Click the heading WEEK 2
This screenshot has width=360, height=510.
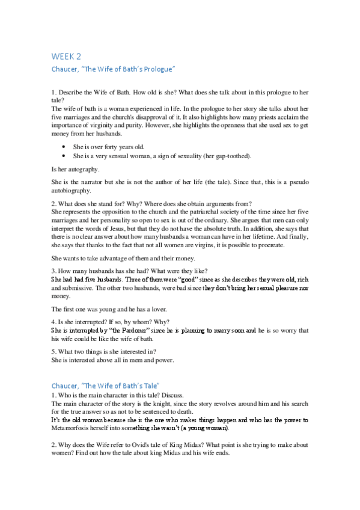(x=66, y=57)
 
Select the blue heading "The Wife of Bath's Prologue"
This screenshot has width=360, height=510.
(x=113, y=70)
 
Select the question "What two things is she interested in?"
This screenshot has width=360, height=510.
(x=105, y=352)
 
